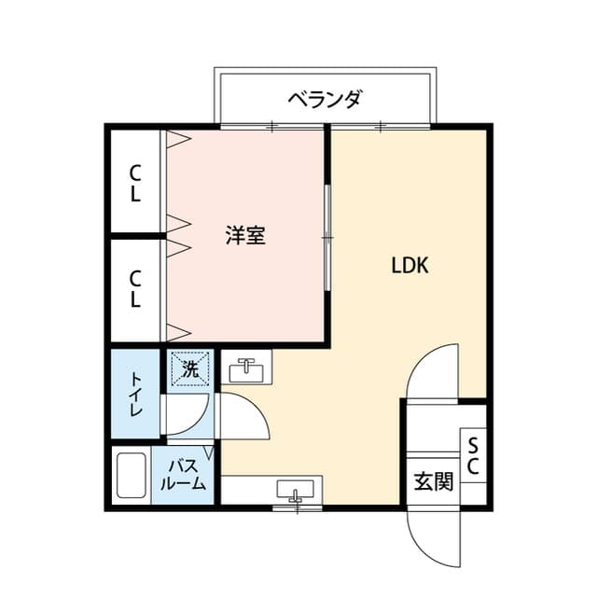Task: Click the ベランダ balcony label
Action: [x=324, y=100]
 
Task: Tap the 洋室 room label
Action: [x=245, y=235]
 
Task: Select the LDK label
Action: [x=410, y=265]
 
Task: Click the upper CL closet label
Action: [x=135, y=183]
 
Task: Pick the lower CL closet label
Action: [x=135, y=288]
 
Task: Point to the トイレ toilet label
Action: [x=135, y=394]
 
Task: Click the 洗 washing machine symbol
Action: [x=190, y=368]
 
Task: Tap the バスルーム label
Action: [x=183, y=475]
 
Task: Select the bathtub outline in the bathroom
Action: [x=132, y=475]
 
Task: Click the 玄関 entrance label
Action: [x=434, y=481]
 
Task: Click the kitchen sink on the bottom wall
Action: [x=296, y=490]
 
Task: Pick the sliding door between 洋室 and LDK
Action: [x=327, y=238]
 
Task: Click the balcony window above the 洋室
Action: [x=271, y=127]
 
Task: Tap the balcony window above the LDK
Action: [x=381, y=127]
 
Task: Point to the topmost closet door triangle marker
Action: [x=177, y=139]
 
